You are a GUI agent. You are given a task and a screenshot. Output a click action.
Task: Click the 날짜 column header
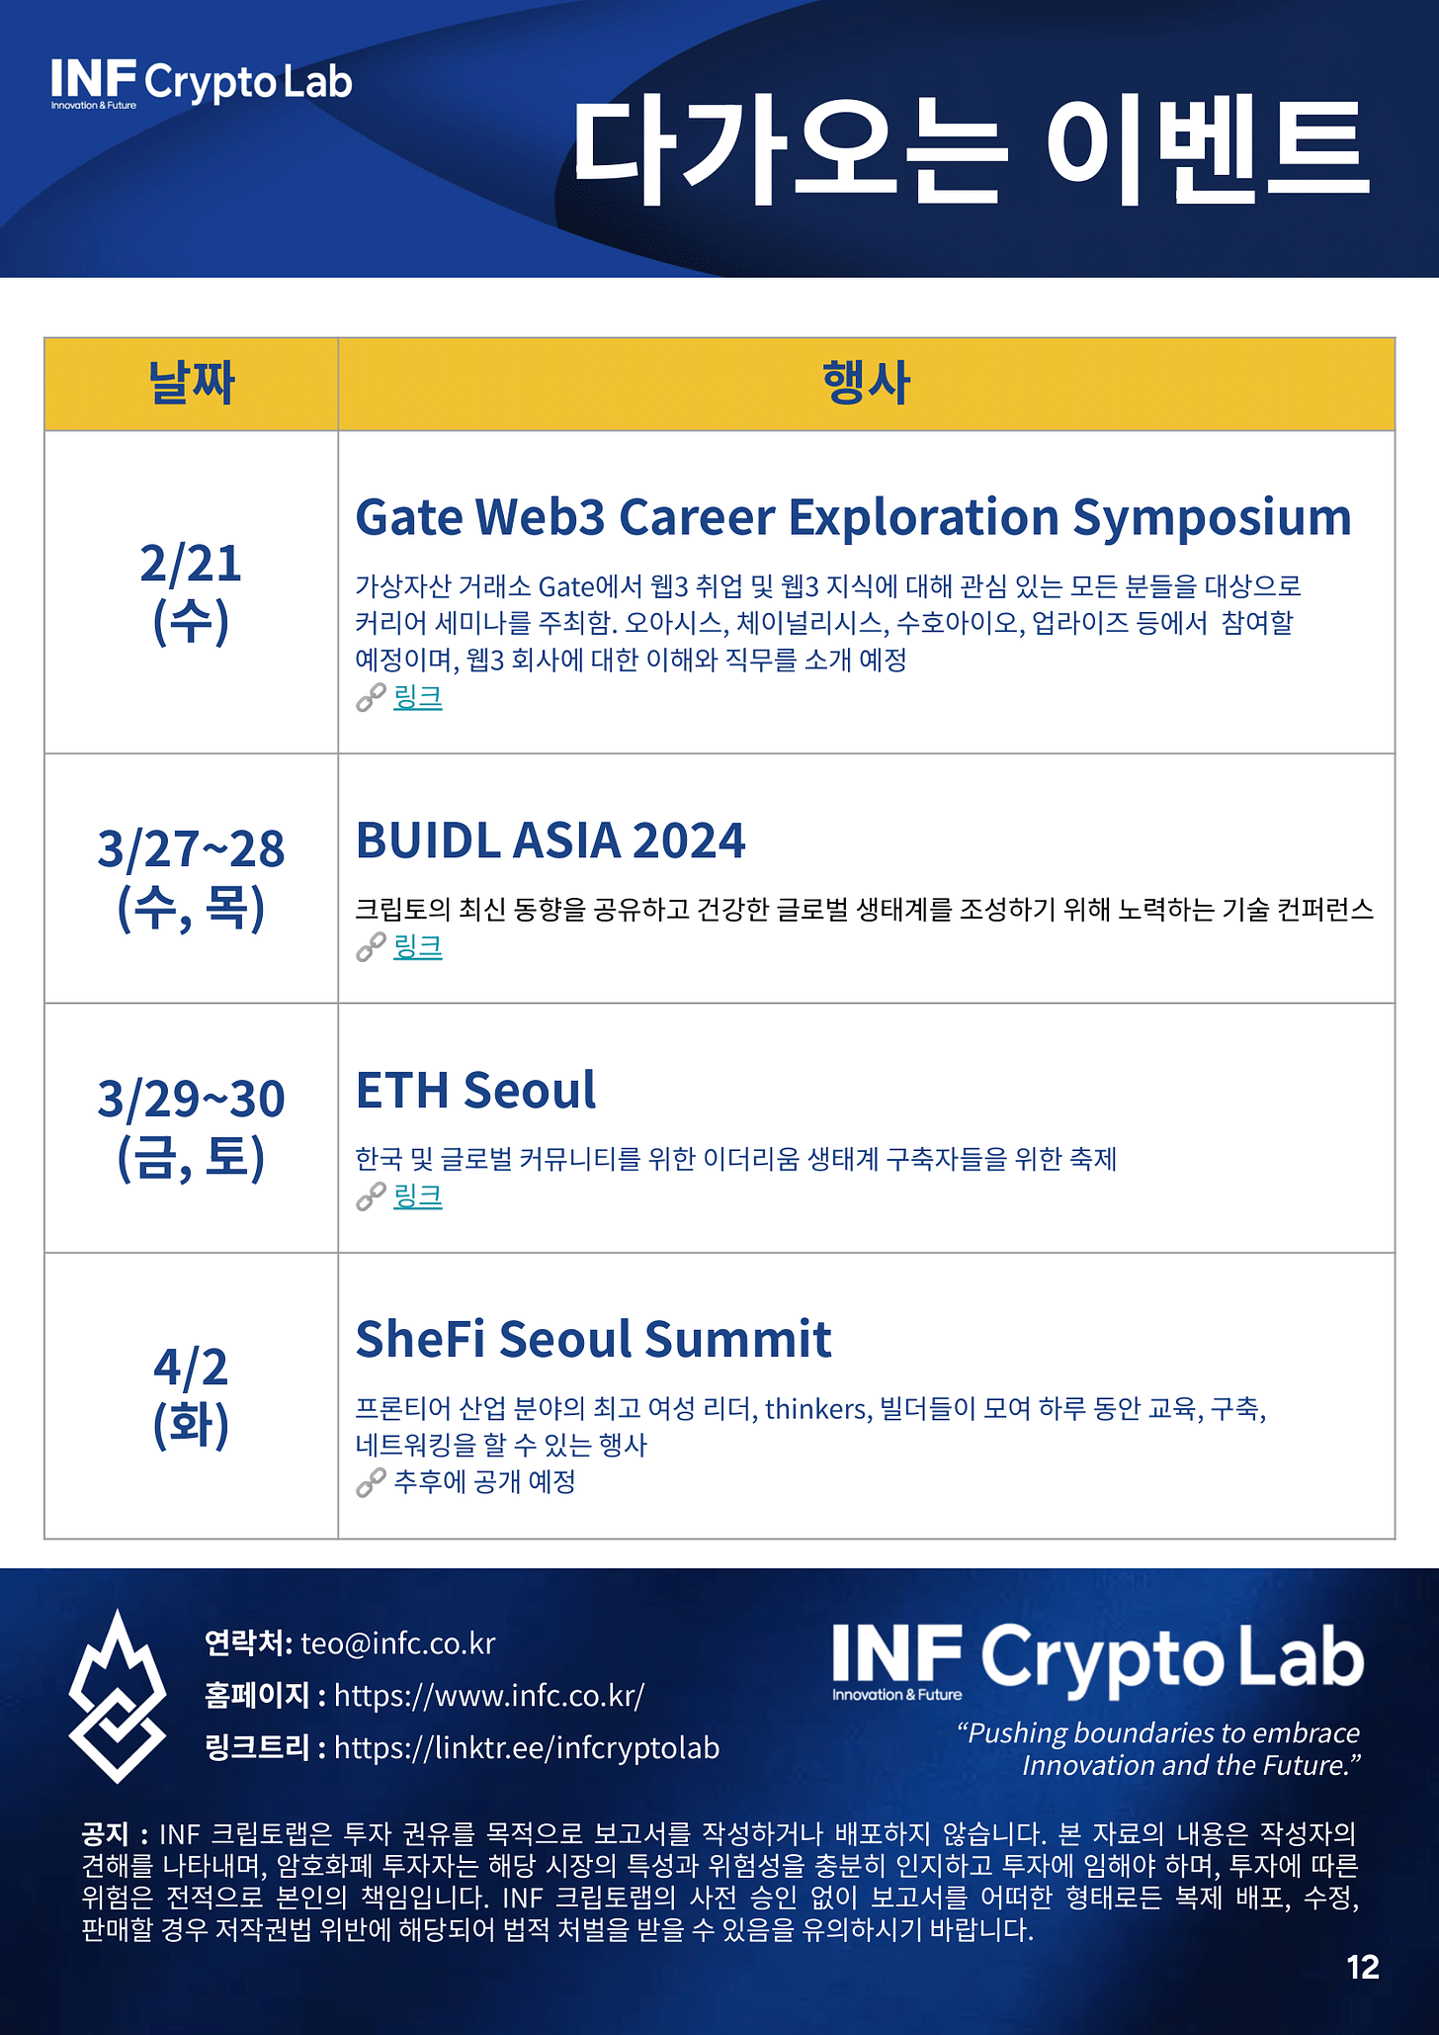191,384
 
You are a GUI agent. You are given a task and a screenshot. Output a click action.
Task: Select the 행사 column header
866,384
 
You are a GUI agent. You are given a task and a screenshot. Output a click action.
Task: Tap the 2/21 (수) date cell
191,591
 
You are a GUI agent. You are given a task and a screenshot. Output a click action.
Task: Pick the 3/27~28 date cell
191,877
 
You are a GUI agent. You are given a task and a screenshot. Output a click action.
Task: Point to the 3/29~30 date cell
191,1127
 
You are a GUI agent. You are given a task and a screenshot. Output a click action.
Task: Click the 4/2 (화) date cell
191,1395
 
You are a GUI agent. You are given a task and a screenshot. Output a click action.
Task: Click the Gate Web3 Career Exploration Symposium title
853,518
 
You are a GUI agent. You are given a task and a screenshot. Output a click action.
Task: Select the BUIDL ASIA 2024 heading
550,841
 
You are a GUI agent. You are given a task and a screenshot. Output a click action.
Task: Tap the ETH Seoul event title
475,1090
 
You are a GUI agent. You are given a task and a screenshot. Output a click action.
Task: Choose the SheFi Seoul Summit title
593,1339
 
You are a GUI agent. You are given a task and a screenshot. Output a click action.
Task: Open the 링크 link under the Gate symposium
417,697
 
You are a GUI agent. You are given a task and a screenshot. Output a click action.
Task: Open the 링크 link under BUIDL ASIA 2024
417,946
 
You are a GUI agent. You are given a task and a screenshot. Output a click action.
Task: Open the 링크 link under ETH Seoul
417,1195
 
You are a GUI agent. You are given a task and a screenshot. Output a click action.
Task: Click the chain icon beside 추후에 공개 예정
371,1482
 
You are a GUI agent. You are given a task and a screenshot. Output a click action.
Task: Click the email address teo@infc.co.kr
397,1642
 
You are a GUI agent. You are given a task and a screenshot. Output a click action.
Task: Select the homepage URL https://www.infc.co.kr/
489,1695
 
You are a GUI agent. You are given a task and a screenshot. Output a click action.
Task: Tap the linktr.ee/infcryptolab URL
527,1747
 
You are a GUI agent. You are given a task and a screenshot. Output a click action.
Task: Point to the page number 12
1363,1967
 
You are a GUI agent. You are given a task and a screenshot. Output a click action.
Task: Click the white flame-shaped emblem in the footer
118,1697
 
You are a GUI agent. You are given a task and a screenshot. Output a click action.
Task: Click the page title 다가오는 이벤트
971,152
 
